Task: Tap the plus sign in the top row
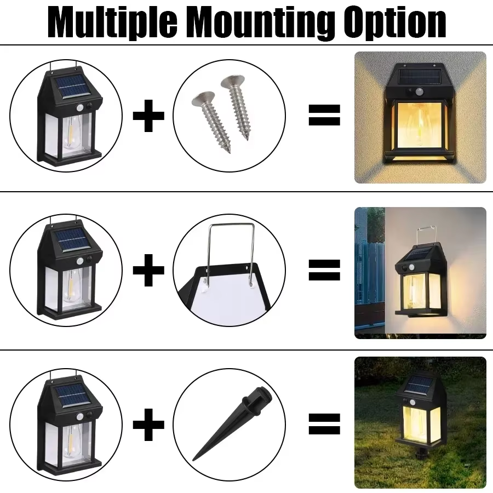(148, 116)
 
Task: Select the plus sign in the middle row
(148, 270)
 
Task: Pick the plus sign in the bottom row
(148, 425)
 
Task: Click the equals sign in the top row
(324, 115)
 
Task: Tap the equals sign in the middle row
(324, 270)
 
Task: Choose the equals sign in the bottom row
(324, 424)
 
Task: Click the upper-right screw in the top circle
(237, 107)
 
